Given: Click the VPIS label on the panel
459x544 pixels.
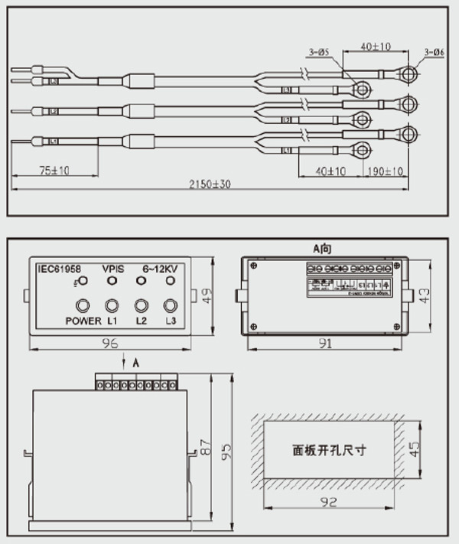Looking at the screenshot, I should (x=114, y=269).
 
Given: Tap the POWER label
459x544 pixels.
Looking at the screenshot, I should (x=83, y=321).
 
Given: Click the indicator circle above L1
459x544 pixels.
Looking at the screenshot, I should (x=112, y=305).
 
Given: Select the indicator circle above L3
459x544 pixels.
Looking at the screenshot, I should (x=170, y=305).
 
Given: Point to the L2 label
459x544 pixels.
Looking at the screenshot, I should (x=141, y=321).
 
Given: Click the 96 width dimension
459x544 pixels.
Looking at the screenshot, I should (x=109, y=344).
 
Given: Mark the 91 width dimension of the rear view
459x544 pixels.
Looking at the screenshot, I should (x=326, y=344).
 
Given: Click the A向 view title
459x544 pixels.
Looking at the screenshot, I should (x=325, y=249).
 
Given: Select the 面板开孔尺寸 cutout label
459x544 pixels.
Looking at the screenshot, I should (x=329, y=450).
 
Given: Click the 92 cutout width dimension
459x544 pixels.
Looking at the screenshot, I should (x=328, y=503).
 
